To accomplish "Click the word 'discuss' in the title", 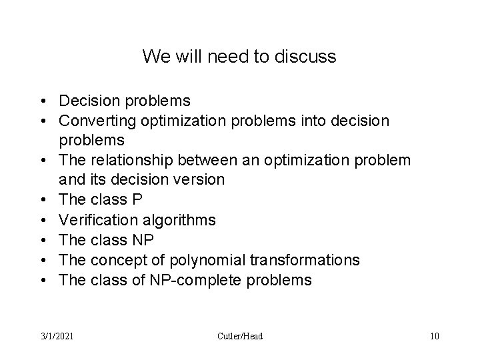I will coord(309,57).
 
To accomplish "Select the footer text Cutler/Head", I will coord(240,336).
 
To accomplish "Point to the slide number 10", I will coord(435,336).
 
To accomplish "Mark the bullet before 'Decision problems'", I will coord(42,101).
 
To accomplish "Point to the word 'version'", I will coord(201,181).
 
